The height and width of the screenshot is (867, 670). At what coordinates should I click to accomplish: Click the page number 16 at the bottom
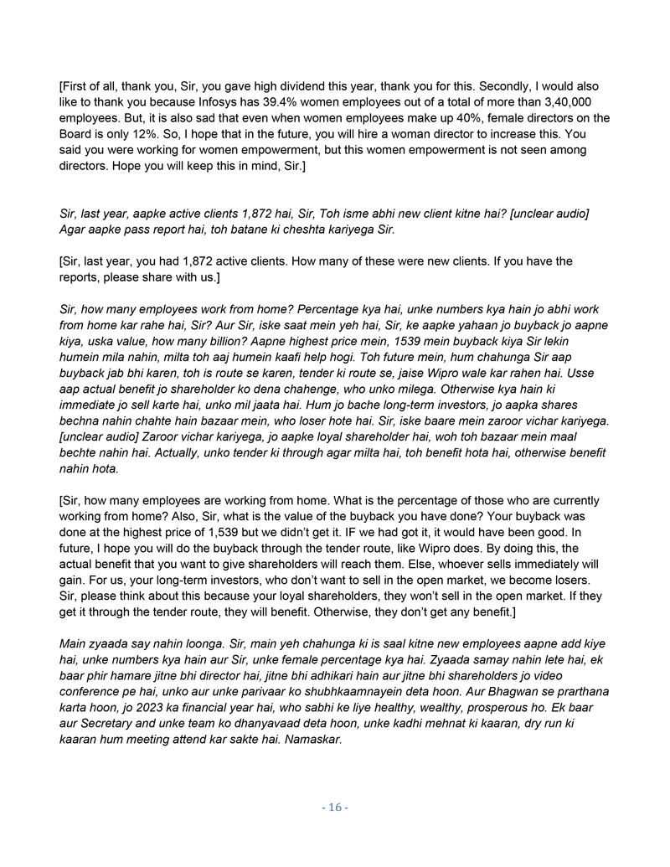coord(335,808)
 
